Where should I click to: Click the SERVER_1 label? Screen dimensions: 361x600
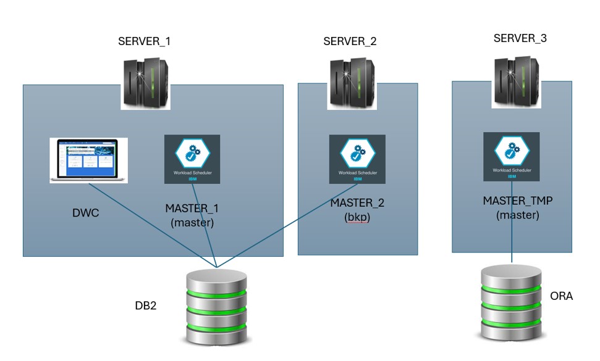pyautogui.click(x=144, y=42)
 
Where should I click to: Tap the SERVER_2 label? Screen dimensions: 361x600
pyautogui.click(x=350, y=42)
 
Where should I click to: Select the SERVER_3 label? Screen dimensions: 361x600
pyautogui.click(x=520, y=39)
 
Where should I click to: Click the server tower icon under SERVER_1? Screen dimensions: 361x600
pyautogui.click(x=145, y=83)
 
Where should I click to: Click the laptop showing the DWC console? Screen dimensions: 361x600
pyautogui.click(x=88, y=160)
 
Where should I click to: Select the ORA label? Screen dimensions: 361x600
pyautogui.click(x=561, y=296)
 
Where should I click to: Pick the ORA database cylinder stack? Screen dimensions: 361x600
pyautogui.click(x=512, y=302)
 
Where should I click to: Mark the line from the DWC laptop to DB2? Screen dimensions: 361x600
pyautogui.click(x=154, y=227)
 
